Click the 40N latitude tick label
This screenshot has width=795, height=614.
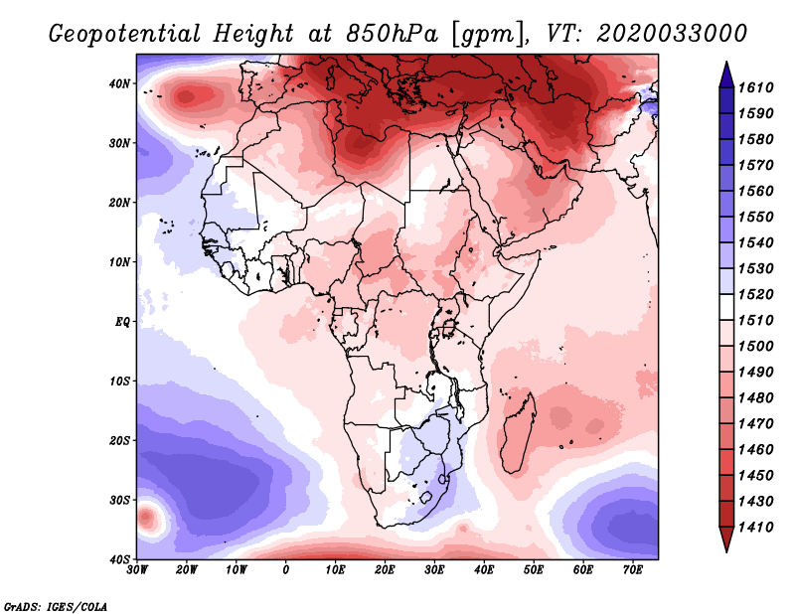[x=119, y=83]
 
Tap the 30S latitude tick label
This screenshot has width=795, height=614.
[x=119, y=500]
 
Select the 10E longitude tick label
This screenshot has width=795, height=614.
[x=335, y=570]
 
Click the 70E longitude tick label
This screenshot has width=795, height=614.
[x=632, y=570]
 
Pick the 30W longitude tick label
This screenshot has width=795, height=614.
[x=137, y=570]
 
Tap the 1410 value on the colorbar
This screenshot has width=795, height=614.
[x=757, y=527]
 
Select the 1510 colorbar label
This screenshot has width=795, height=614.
[x=757, y=320]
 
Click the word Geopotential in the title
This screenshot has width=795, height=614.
[x=129, y=34]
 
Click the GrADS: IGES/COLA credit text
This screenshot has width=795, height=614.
[x=56, y=605]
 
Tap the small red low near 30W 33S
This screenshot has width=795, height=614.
[x=147, y=518]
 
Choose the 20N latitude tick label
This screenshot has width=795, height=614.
[x=119, y=203]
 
